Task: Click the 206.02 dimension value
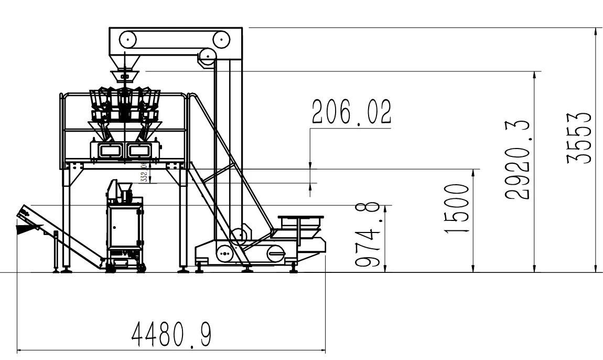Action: pyautogui.click(x=351, y=112)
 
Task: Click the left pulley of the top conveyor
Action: pyautogui.click(x=128, y=38)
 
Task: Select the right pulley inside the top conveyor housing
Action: pyautogui.click(x=221, y=38)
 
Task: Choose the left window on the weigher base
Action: pyautogui.click(x=110, y=151)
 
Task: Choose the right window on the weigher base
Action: pyautogui.click(x=139, y=151)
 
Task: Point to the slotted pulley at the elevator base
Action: pyautogui.click(x=275, y=255)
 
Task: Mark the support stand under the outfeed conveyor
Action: pyautogui.click(x=56, y=252)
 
